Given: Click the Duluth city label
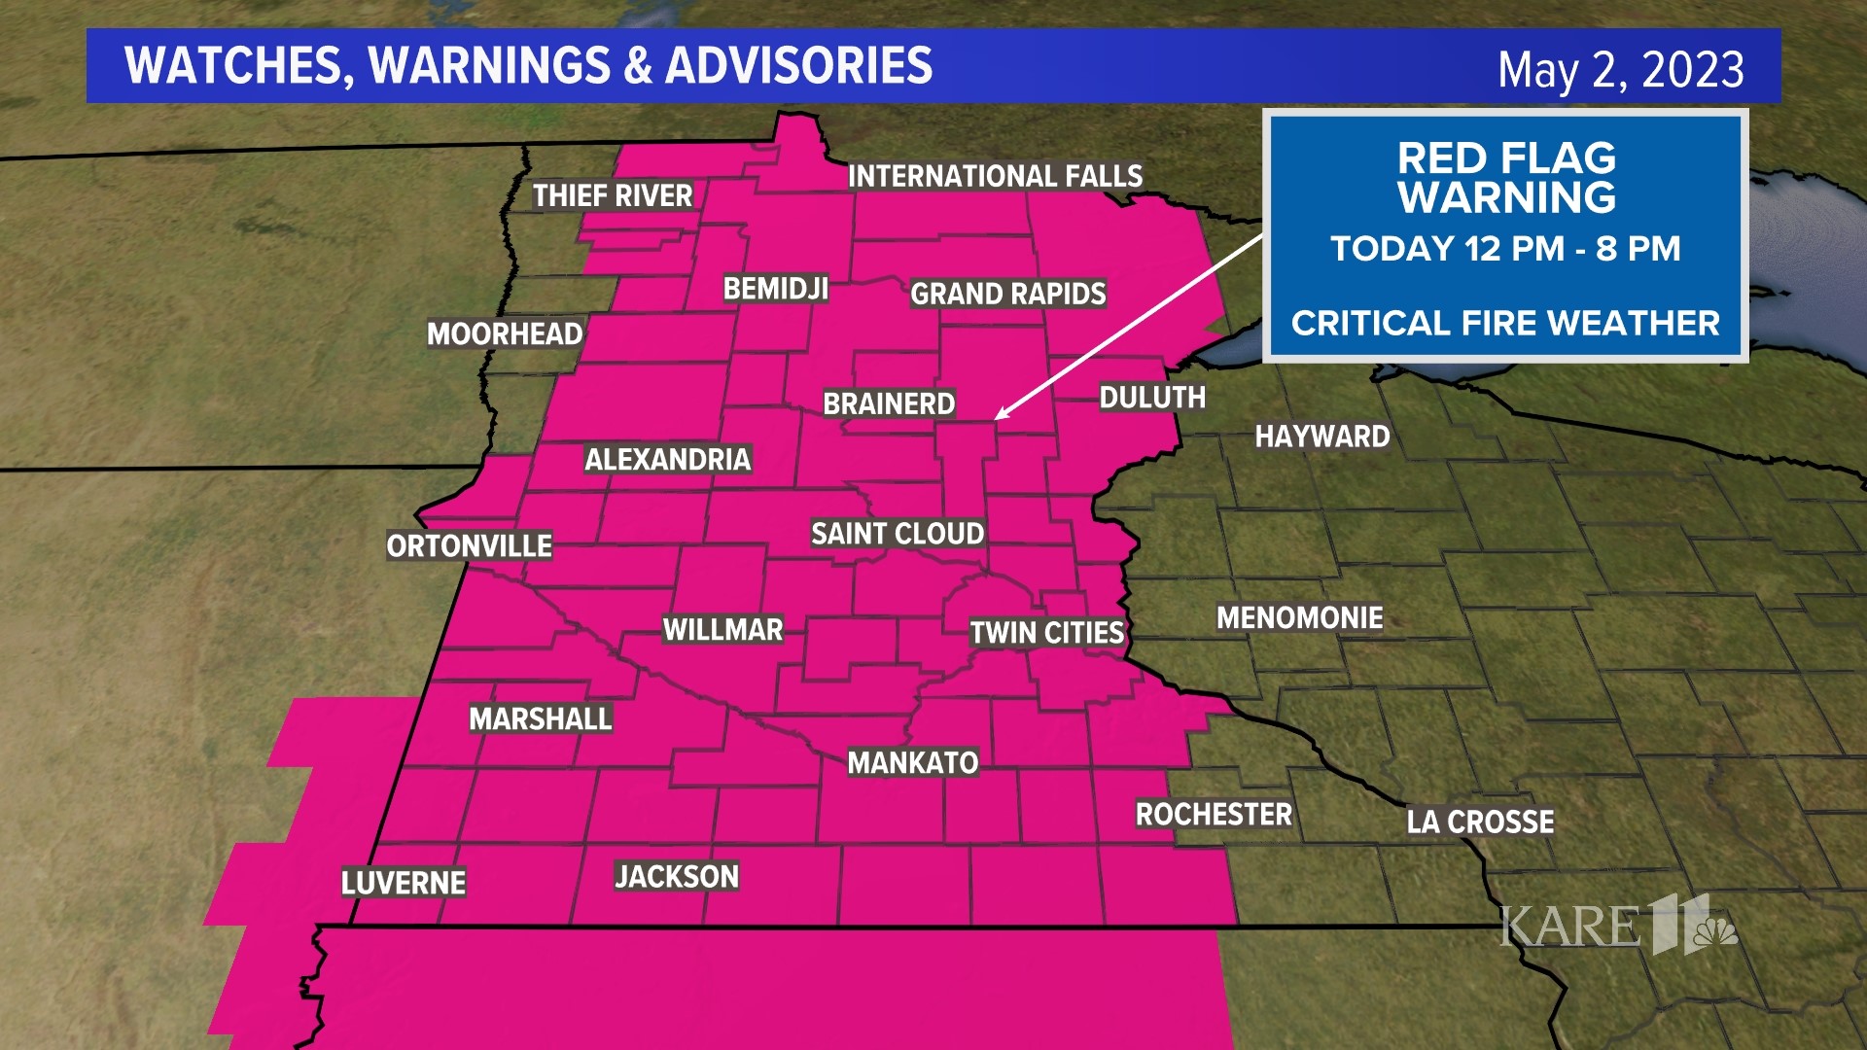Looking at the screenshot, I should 1152,398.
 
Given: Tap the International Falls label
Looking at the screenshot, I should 995,176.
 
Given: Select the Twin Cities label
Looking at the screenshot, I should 1046,633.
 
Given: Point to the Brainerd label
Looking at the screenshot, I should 889,403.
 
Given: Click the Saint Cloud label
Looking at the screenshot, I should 898,534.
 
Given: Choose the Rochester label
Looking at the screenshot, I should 1214,814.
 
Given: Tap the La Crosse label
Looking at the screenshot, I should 1480,822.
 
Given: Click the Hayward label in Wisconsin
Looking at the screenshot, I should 1322,437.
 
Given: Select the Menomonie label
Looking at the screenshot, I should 1299,617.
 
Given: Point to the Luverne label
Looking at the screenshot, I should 404,883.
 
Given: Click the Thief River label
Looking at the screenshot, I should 613,195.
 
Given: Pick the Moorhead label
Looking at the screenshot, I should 505,333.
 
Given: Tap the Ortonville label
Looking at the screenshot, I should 469,545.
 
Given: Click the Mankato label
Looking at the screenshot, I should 912,762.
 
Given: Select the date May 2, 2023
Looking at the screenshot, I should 1620,69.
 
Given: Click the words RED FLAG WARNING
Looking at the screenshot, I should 1506,178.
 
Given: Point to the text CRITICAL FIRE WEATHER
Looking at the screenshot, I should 1505,323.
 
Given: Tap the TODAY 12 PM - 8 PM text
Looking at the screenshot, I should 1505,249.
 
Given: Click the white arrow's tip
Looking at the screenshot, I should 997,418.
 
